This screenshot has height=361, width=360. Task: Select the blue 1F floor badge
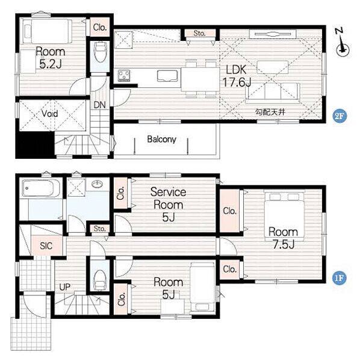click(340, 278)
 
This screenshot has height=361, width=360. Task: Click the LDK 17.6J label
click(237, 76)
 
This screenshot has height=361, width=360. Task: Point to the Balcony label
click(161, 140)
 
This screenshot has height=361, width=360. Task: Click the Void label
click(49, 113)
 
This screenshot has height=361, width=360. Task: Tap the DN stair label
click(99, 105)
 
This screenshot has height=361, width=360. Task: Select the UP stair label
click(65, 287)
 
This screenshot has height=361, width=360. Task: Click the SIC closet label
click(46, 245)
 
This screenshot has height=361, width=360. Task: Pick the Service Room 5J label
click(168, 205)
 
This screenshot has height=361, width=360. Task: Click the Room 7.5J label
click(283, 238)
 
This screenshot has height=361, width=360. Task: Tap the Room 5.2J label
click(51, 58)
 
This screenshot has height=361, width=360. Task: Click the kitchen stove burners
click(124, 76)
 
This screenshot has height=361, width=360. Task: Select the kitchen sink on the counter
click(167, 76)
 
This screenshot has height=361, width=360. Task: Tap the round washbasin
click(97, 184)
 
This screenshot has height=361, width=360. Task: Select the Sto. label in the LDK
click(199, 33)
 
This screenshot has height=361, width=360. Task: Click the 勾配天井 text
click(270, 112)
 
